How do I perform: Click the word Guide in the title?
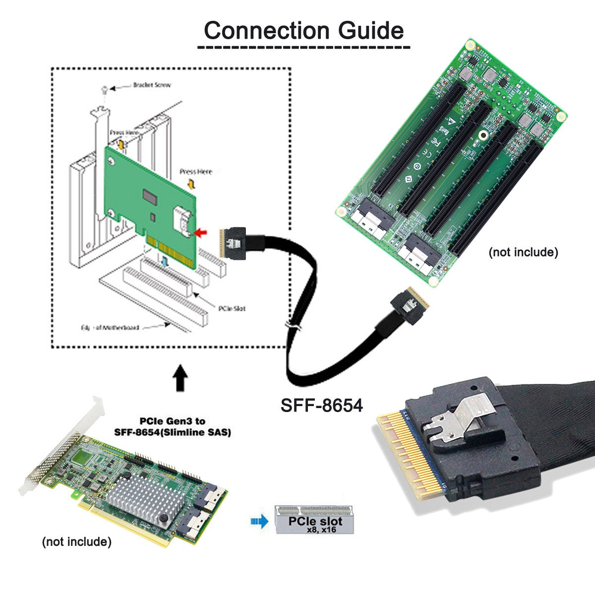point(371,30)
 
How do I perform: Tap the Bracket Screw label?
point(152,85)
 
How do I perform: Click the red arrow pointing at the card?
point(202,232)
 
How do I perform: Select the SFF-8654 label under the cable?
point(322,405)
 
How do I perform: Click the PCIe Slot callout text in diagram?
point(232,308)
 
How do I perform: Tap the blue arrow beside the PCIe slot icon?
point(259,521)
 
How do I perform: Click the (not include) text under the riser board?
point(523,252)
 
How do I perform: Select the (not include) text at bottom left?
point(76,541)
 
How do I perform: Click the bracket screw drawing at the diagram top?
point(104,90)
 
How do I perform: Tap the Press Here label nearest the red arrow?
point(196,172)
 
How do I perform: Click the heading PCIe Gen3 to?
point(172,421)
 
